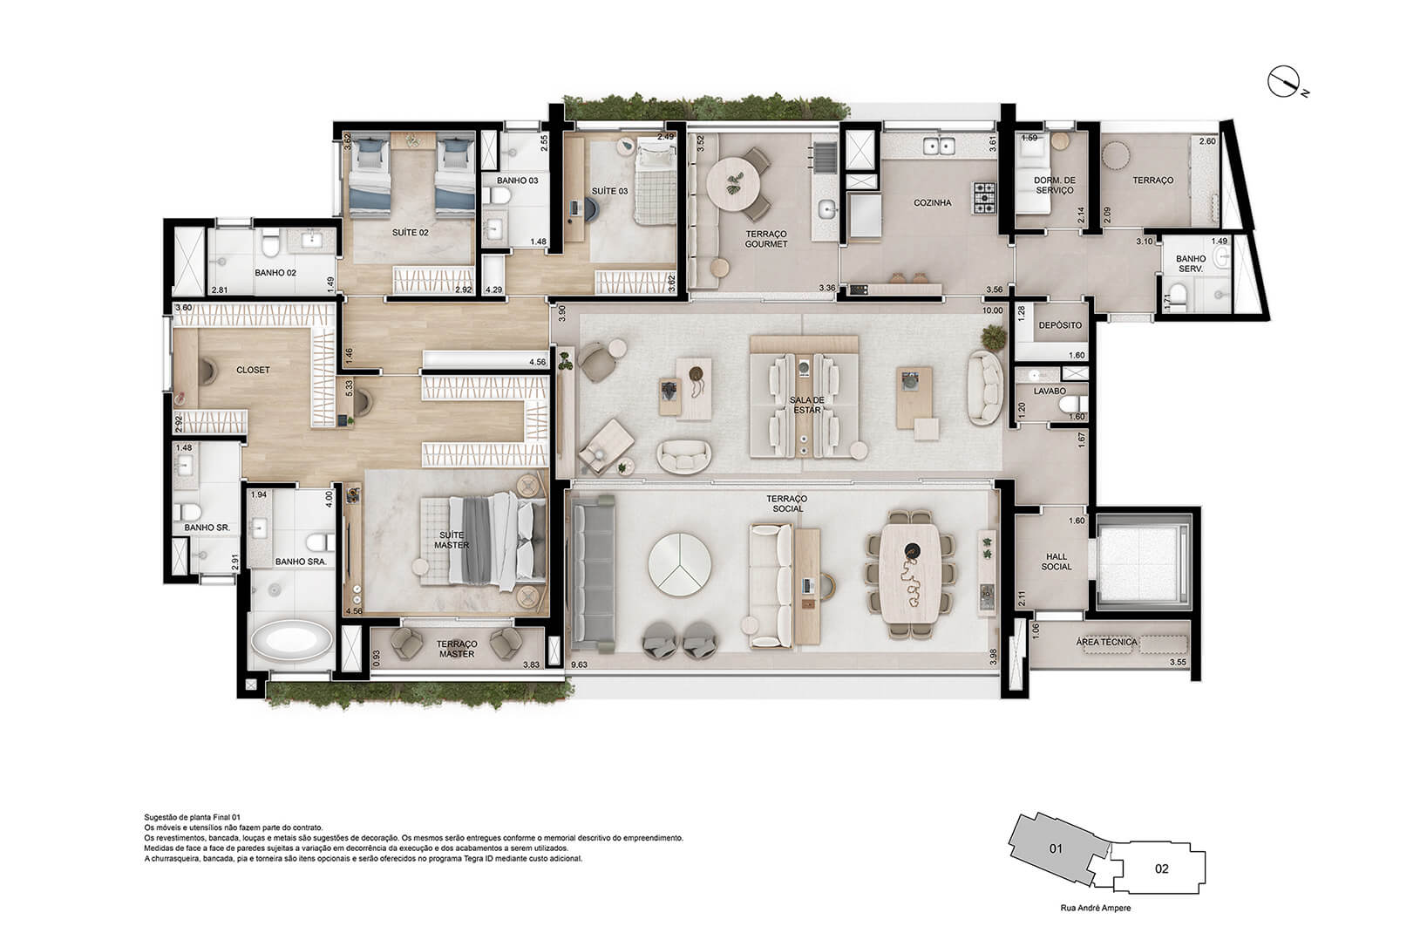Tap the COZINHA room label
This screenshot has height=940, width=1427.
(x=932, y=202)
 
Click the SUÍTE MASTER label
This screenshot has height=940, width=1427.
(x=452, y=540)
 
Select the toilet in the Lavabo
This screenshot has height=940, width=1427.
(x=1077, y=405)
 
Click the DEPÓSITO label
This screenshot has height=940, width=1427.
(x=1060, y=325)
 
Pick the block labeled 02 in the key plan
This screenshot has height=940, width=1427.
(x=1161, y=868)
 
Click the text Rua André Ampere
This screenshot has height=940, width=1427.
(x=1095, y=908)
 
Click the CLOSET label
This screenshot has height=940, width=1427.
(x=253, y=370)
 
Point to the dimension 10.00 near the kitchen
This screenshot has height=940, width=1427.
(x=992, y=310)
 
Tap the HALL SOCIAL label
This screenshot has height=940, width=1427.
(x=1057, y=562)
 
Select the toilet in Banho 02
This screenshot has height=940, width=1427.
(x=270, y=247)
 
